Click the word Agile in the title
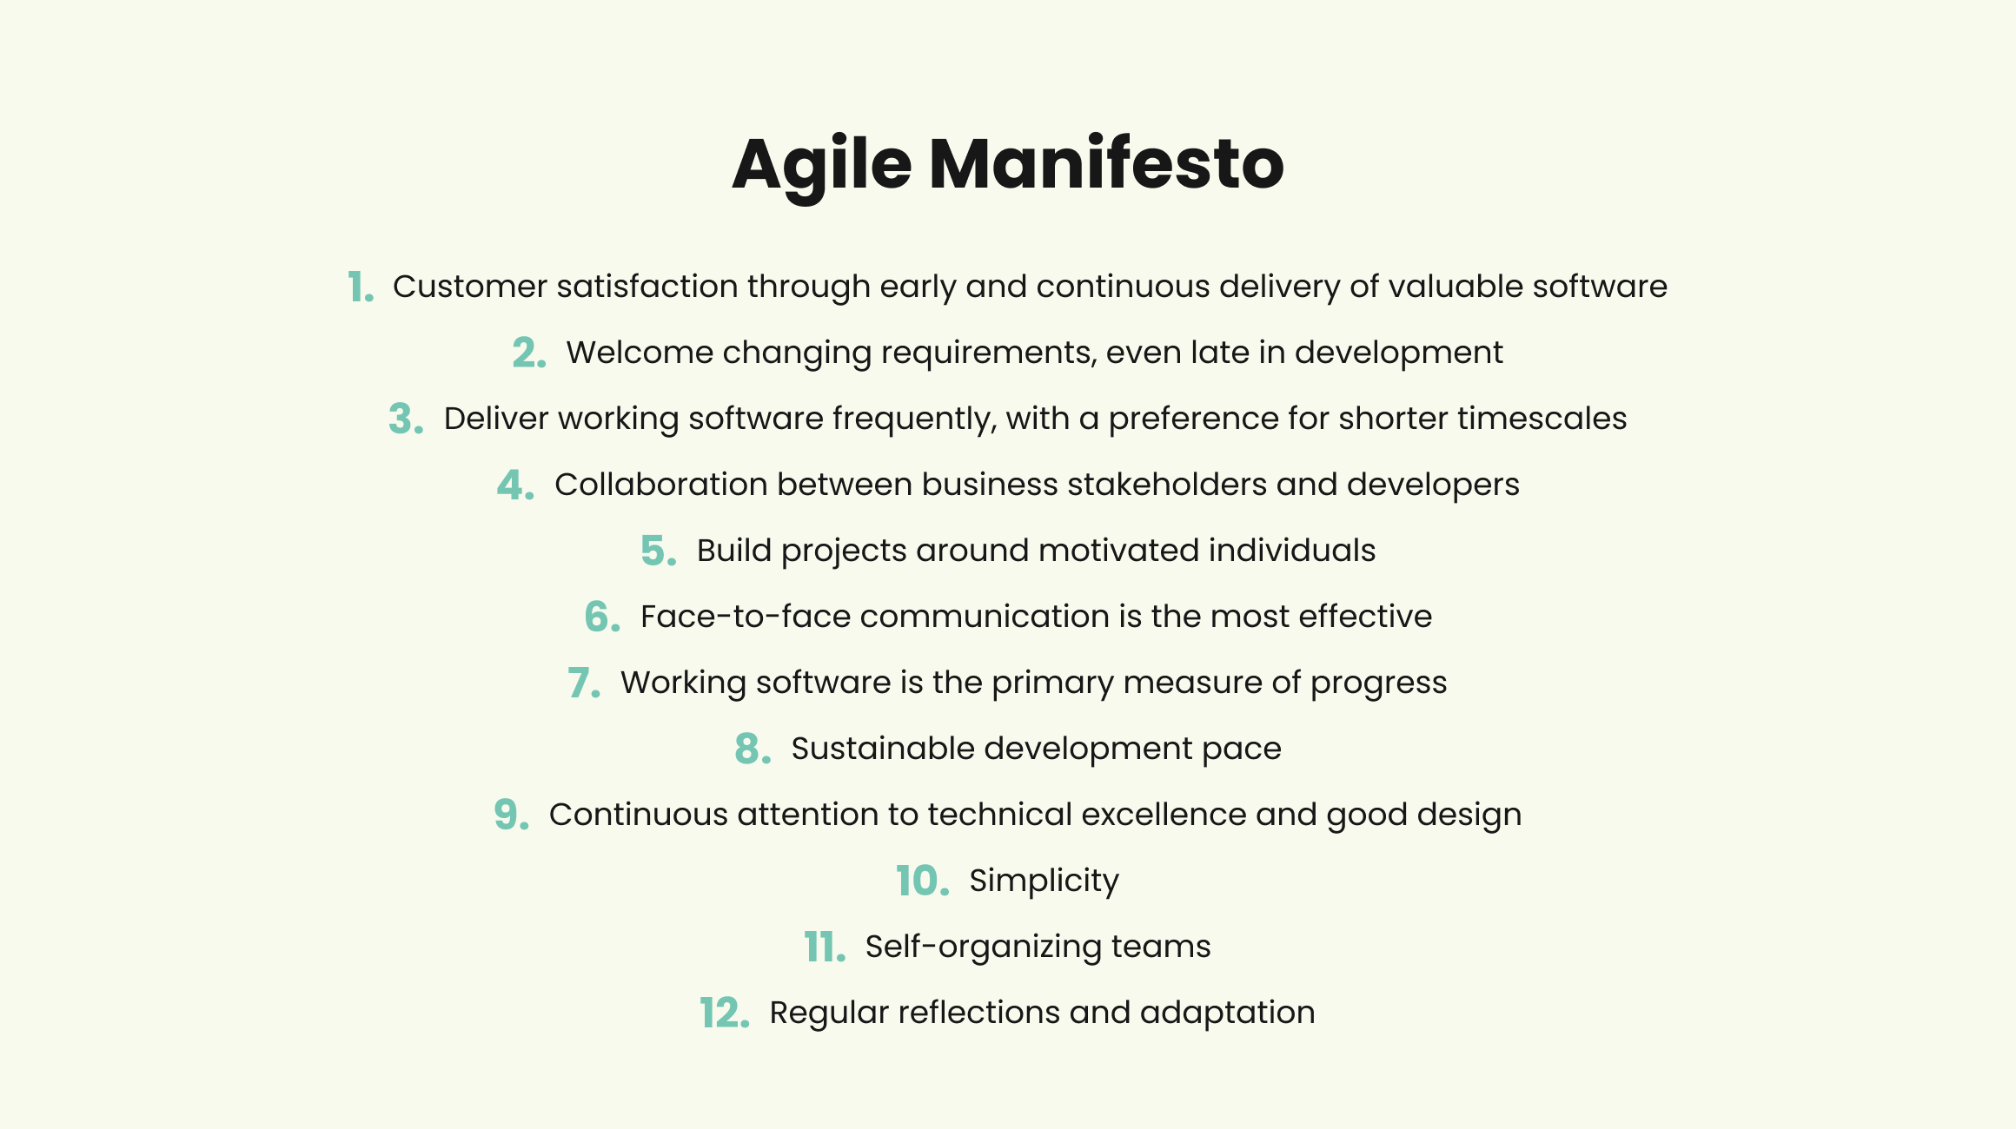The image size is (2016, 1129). (822, 167)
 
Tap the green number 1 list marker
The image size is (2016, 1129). (361, 287)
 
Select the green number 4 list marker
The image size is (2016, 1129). (515, 485)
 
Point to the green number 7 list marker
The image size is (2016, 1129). (584, 683)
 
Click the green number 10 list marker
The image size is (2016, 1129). (922, 881)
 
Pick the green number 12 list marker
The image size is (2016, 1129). (725, 1013)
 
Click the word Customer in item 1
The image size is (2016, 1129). (470, 287)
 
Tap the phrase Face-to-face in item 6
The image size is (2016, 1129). (746, 617)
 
